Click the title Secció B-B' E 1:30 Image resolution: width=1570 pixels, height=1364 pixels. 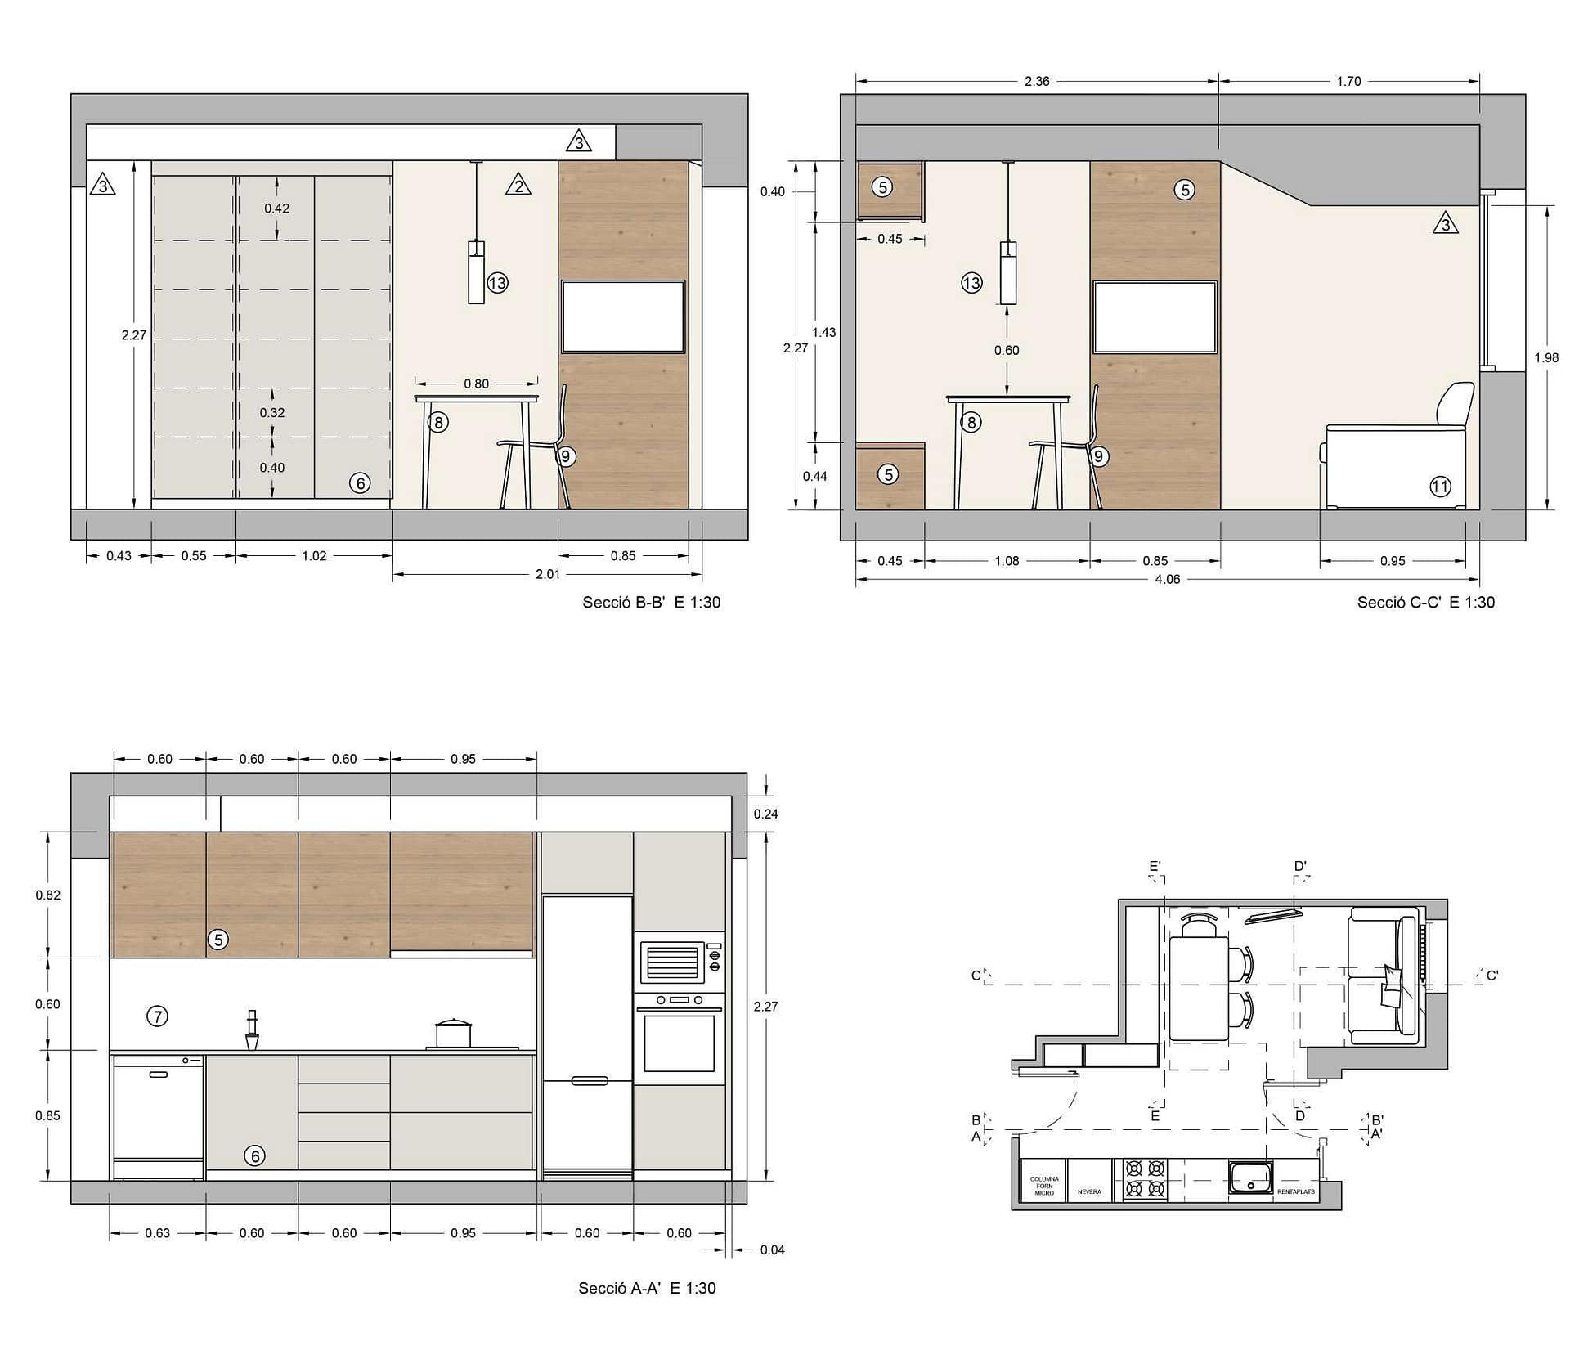pyautogui.click(x=651, y=603)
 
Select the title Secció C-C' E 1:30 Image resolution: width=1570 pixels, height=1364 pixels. pyautogui.click(x=1425, y=603)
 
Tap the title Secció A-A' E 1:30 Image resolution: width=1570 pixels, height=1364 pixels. pyautogui.click(x=647, y=1288)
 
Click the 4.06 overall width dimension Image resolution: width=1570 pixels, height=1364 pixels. pyautogui.click(x=1167, y=579)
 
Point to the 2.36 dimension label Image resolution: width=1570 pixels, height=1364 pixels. pyautogui.click(x=1037, y=81)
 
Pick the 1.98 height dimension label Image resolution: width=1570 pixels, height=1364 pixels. pyautogui.click(x=1546, y=357)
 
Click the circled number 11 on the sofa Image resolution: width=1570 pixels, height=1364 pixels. pyautogui.click(x=1440, y=487)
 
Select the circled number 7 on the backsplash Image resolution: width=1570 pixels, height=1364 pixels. pyautogui.click(x=157, y=1016)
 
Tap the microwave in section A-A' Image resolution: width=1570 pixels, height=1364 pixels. pyautogui.click(x=679, y=962)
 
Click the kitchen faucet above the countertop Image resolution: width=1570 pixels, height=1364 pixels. pyautogui.click(x=252, y=1030)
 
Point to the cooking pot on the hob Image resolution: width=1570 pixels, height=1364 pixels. pyautogui.click(x=454, y=1033)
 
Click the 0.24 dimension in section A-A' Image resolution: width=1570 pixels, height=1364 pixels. pyautogui.click(x=766, y=814)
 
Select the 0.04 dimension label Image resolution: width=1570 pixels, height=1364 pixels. pyautogui.click(x=772, y=1250)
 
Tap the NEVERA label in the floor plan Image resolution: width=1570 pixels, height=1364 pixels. pyautogui.click(x=1089, y=1192)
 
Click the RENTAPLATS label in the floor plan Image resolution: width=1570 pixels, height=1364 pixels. pyautogui.click(x=1296, y=1192)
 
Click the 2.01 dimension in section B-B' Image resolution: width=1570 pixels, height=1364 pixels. pyautogui.click(x=548, y=574)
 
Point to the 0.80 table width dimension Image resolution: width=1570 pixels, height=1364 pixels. pyautogui.click(x=477, y=384)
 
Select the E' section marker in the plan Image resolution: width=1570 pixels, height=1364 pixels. pyautogui.click(x=1155, y=866)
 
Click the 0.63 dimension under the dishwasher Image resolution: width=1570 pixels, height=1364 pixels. pyautogui.click(x=157, y=1233)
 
